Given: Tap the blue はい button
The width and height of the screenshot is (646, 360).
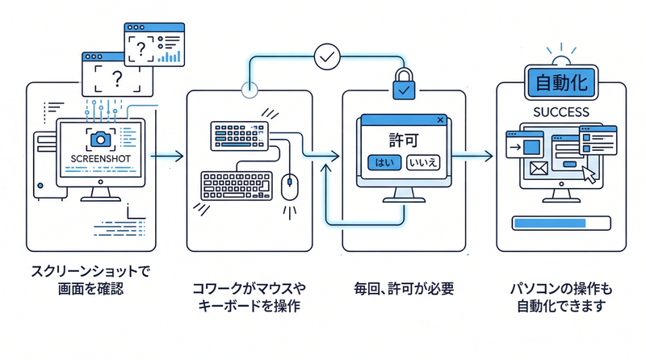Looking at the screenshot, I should pos(383,162).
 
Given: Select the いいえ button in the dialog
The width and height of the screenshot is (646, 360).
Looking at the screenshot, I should pos(423,162).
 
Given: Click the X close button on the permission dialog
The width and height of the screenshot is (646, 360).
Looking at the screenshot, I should pos(440,121).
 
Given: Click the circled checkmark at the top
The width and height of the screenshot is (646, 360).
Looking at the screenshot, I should pos(326,57).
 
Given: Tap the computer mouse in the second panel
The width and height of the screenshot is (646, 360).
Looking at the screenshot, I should pos(288,186).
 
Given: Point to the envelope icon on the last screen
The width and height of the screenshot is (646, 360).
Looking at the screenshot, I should pos(538,167).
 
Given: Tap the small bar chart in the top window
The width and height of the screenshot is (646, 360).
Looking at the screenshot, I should pos(170,56).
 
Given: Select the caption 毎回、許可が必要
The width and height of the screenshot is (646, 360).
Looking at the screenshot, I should pos(403,287).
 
